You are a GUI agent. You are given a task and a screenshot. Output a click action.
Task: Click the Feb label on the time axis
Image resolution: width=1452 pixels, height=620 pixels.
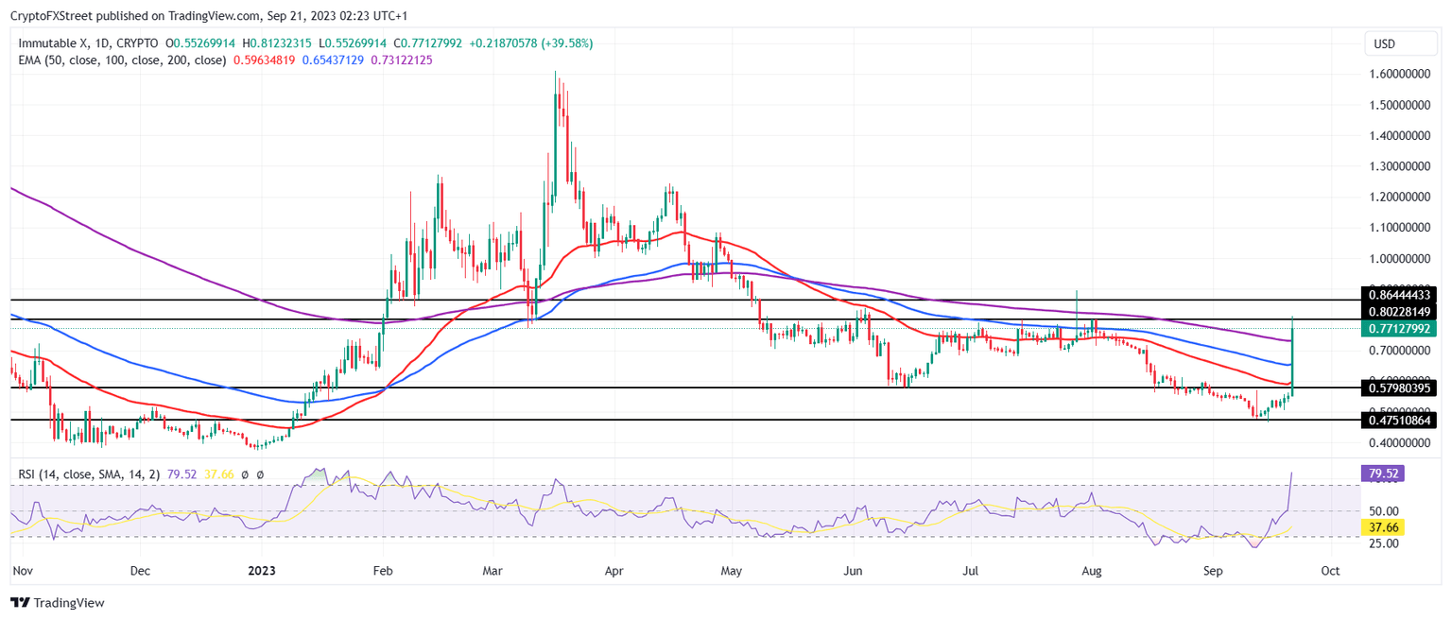point(382,572)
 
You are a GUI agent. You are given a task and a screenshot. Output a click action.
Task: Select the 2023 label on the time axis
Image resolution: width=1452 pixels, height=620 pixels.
point(262,572)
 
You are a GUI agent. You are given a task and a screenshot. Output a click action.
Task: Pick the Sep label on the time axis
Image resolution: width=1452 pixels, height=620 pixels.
point(1215,572)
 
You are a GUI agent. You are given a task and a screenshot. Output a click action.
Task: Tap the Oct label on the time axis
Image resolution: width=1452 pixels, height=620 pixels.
point(1330,572)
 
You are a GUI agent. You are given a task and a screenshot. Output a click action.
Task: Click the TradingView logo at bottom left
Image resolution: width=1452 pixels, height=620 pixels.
point(58,603)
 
